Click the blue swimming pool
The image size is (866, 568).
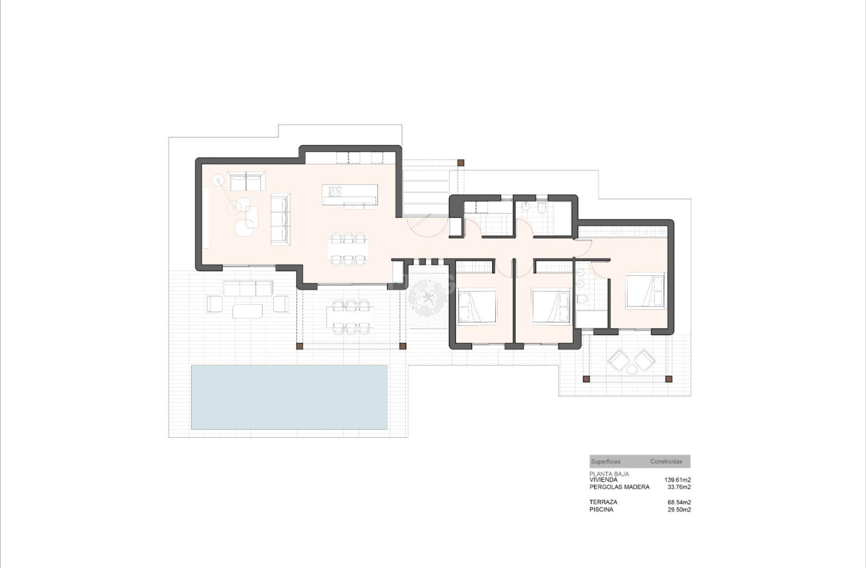click(288, 397)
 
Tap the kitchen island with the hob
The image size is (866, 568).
click(350, 194)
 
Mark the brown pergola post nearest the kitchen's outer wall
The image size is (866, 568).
click(461, 162)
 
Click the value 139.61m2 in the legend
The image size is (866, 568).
click(677, 480)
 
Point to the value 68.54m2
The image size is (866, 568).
click(679, 502)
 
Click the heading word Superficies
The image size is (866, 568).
click(605, 462)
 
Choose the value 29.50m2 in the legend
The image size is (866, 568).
click(679, 509)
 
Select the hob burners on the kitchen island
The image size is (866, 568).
click(335, 191)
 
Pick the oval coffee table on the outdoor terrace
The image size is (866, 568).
click(246, 309)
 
